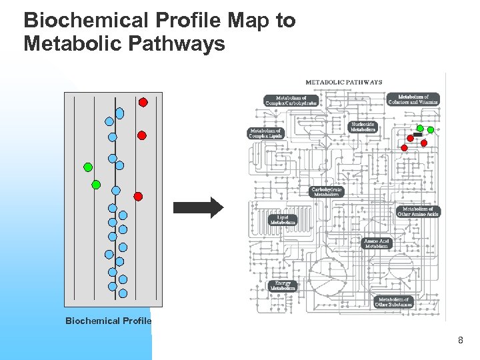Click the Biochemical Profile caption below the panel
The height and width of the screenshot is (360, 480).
click(108, 321)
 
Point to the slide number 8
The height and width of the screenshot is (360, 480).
click(460, 341)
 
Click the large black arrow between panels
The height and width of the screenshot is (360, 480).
click(199, 207)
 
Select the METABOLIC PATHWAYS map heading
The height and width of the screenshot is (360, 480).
click(343, 82)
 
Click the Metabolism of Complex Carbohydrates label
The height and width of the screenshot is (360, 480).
click(291, 101)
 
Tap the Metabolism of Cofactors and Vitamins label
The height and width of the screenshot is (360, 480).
click(413, 99)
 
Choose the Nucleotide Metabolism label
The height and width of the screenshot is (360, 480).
click(363, 127)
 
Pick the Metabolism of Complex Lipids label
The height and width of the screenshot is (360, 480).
click(266, 133)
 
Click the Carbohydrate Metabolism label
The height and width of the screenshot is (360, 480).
click(327, 191)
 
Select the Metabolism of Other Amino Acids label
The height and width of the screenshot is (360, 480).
click(419, 211)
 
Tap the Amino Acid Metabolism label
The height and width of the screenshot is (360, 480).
click(376, 243)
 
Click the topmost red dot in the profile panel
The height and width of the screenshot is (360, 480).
click(143, 102)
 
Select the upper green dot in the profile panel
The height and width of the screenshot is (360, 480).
click(87, 167)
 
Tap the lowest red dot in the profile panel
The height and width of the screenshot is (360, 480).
click(138, 196)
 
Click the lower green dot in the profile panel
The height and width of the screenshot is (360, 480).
click(96, 184)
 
